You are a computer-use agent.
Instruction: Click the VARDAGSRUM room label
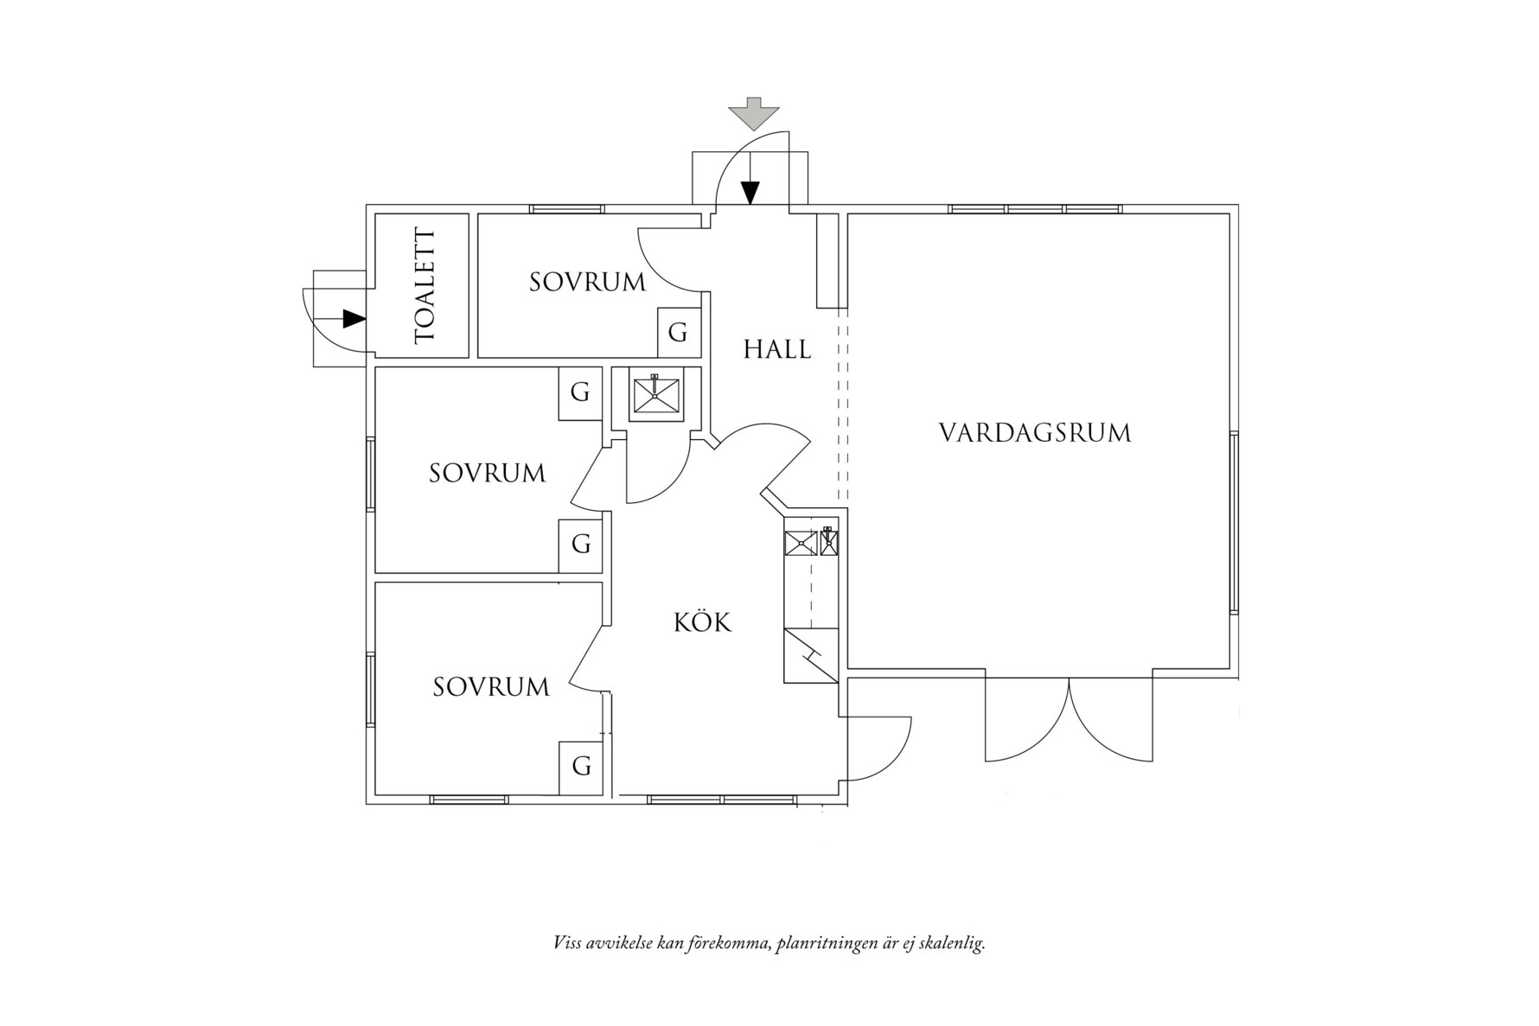coord(1035,432)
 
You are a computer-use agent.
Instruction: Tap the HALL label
coord(776,349)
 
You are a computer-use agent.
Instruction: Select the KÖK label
coord(702,622)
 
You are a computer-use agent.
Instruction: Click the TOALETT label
coord(425,286)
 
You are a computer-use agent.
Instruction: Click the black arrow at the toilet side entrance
coord(353,319)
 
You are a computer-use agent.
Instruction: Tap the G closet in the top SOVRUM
coord(678,332)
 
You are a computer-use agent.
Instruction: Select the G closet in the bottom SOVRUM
coord(581,767)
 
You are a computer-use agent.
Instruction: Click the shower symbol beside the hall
coord(655,395)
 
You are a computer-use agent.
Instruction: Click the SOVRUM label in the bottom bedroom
coord(491,687)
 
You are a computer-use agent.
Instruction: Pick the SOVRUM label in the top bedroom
coord(587,282)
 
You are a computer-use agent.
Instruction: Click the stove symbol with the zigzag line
coord(810,656)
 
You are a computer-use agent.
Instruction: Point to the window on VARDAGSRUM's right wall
coord(1234,522)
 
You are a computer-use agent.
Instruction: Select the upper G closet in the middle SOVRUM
coord(579,393)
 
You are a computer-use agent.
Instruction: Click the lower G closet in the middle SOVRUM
coord(580,545)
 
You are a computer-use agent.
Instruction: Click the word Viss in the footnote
coord(568,943)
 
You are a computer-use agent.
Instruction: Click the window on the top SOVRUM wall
coord(566,209)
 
